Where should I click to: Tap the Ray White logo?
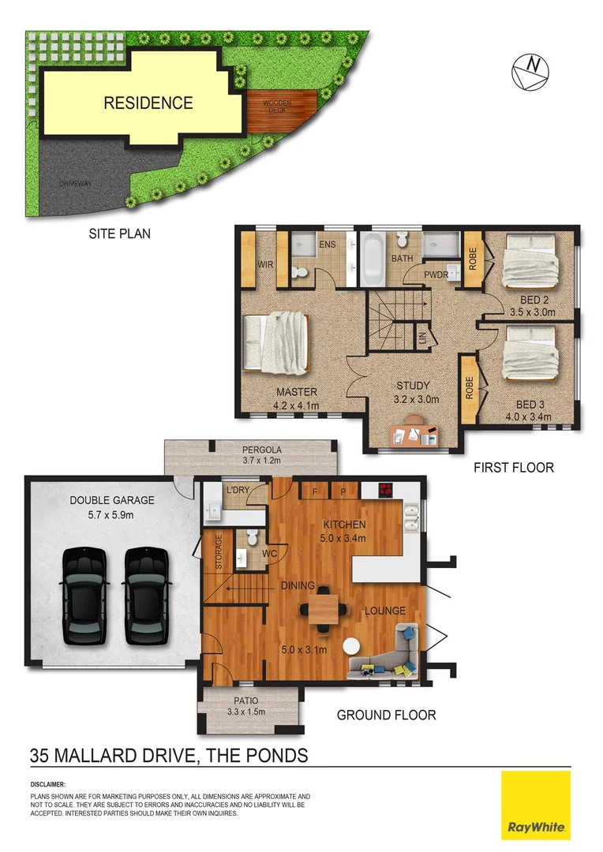pos(535,805)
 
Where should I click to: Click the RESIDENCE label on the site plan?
pos(148,103)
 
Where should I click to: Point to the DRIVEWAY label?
pos(76,184)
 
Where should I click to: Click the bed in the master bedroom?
pos(276,343)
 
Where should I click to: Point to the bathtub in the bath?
pos(373,260)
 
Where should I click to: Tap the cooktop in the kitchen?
pos(387,489)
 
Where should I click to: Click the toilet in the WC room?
pos(252,538)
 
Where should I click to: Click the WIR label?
pos(266,265)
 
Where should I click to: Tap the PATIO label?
pos(246,701)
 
